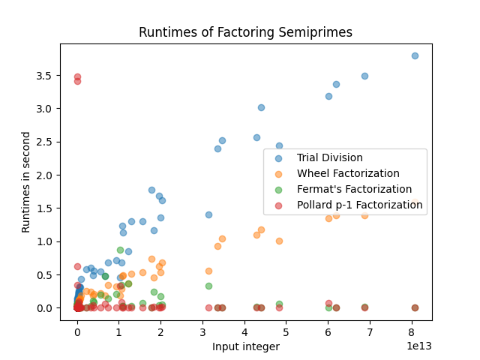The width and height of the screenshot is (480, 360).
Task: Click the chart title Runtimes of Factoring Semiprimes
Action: [245, 32]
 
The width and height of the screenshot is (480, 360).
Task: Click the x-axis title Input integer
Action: [245, 346]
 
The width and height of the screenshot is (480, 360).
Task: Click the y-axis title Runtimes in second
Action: [26, 182]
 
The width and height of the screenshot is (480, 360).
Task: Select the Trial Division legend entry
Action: [329, 157]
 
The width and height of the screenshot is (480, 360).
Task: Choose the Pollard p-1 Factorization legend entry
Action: [359, 205]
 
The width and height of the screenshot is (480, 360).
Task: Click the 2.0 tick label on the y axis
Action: [46, 175]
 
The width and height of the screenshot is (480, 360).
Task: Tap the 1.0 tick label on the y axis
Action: [46, 241]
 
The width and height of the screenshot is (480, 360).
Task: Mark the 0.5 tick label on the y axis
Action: [46, 274]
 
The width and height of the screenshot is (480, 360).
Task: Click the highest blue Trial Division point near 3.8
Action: [415, 55]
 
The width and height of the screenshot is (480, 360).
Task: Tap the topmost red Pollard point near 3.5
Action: [77, 76]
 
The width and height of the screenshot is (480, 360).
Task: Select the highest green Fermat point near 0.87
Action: [120, 250]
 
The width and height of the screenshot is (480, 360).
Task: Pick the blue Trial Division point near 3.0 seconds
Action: [261, 107]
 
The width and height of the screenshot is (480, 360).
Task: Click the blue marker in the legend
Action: [279, 157]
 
